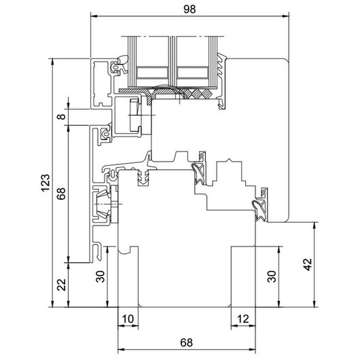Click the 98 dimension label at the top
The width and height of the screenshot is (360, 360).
[x=190, y=9]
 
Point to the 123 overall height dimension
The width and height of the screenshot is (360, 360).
[x=45, y=183]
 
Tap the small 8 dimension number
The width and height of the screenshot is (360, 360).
[x=61, y=117]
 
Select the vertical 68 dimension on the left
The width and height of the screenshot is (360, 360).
[x=61, y=194]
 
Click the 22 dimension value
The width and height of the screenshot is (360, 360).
[x=61, y=285]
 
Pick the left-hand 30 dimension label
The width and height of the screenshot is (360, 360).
[x=100, y=276]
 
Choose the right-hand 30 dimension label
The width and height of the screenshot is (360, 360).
[x=272, y=276]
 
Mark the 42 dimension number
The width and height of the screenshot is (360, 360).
[x=308, y=264]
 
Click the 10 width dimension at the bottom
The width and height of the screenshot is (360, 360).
[x=128, y=319]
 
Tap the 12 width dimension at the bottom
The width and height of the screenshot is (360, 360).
[x=243, y=319]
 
